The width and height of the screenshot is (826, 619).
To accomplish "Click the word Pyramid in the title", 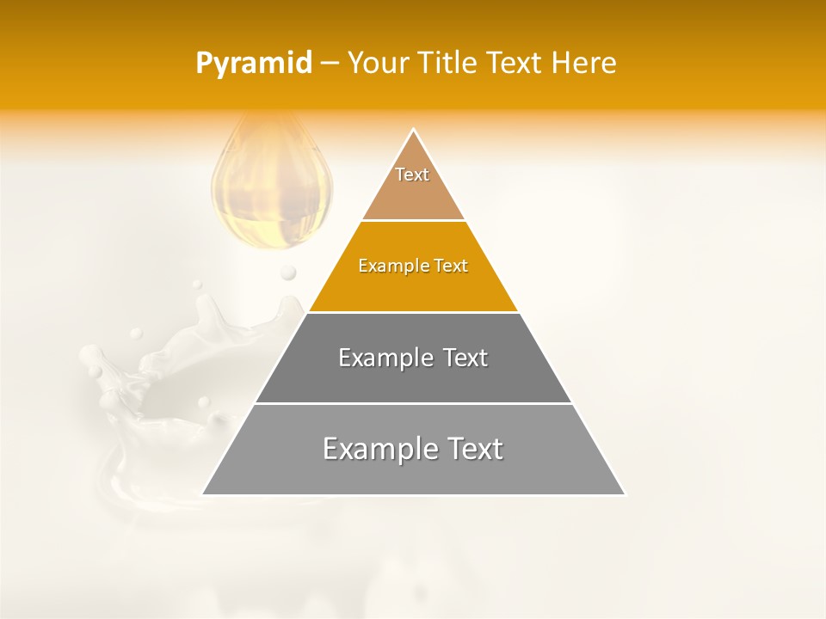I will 254,64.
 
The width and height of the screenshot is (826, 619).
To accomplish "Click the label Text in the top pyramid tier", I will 412,175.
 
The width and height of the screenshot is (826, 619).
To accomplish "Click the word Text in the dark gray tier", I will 465,358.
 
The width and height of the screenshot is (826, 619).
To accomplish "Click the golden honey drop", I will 272,189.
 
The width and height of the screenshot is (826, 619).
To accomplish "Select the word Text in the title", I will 515,64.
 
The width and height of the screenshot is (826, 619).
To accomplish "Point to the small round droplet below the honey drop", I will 288,273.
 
